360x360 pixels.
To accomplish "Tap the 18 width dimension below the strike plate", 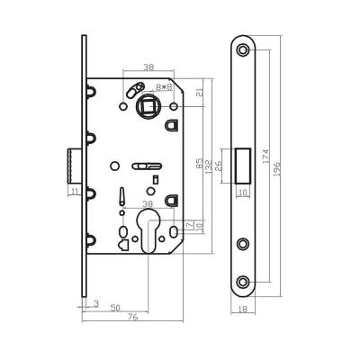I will [245, 309].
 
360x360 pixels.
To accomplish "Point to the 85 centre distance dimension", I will [198, 164].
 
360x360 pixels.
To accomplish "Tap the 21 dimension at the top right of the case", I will [197, 93].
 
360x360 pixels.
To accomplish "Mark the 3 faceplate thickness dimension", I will [95, 303].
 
